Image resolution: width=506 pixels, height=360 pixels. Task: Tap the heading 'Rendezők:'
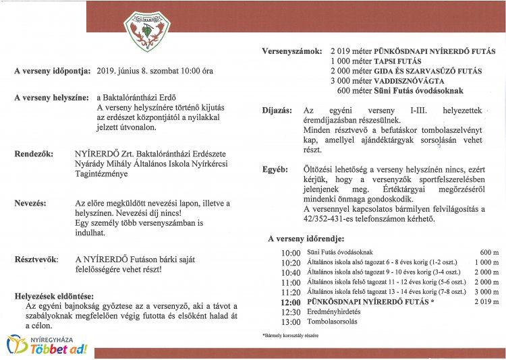tap(34, 154)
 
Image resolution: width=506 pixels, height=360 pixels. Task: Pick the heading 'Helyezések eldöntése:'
tap(55, 295)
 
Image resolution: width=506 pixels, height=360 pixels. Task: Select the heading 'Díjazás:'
tap(277, 110)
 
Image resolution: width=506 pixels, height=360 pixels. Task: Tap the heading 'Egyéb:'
tap(275, 170)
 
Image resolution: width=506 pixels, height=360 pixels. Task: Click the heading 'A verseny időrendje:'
tap(306, 239)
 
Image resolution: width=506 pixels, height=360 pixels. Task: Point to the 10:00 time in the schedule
tap(291, 253)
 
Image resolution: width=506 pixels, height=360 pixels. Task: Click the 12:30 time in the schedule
tap(291, 312)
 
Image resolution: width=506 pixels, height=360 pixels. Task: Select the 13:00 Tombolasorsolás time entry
tap(291, 322)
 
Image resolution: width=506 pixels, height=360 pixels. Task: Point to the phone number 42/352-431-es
tap(331, 219)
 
